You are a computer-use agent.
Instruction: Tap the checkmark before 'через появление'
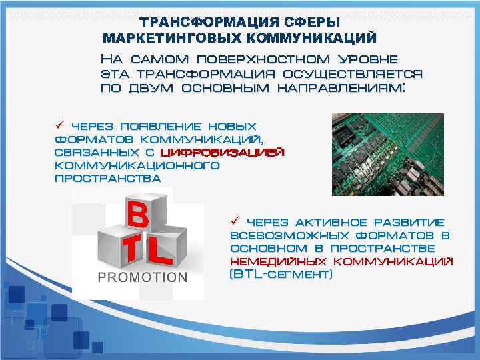click(59, 125)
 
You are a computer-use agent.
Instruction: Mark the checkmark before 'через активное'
click(235, 221)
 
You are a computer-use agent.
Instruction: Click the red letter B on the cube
click(137, 215)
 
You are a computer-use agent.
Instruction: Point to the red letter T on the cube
click(131, 251)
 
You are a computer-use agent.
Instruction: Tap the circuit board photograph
click(387, 154)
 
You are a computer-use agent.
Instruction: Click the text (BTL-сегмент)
click(281, 273)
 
